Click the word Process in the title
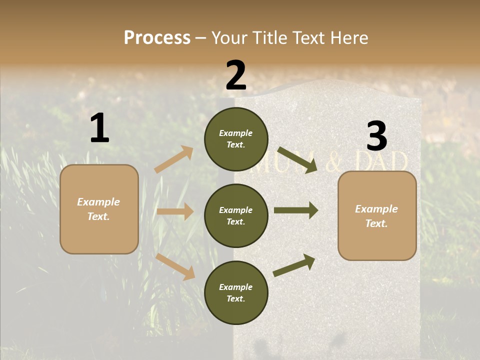point(157,38)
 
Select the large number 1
point(99,129)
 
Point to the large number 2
point(236,75)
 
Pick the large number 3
point(376,136)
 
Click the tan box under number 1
point(99,209)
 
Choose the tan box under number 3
point(377,216)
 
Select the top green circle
point(236,139)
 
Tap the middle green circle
point(236,216)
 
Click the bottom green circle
point(236,293)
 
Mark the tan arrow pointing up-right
point(173,159)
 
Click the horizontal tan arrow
point(175,211)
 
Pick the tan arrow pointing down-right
point(175,266)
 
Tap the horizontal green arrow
point(296,210)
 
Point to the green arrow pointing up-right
point(294,265)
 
